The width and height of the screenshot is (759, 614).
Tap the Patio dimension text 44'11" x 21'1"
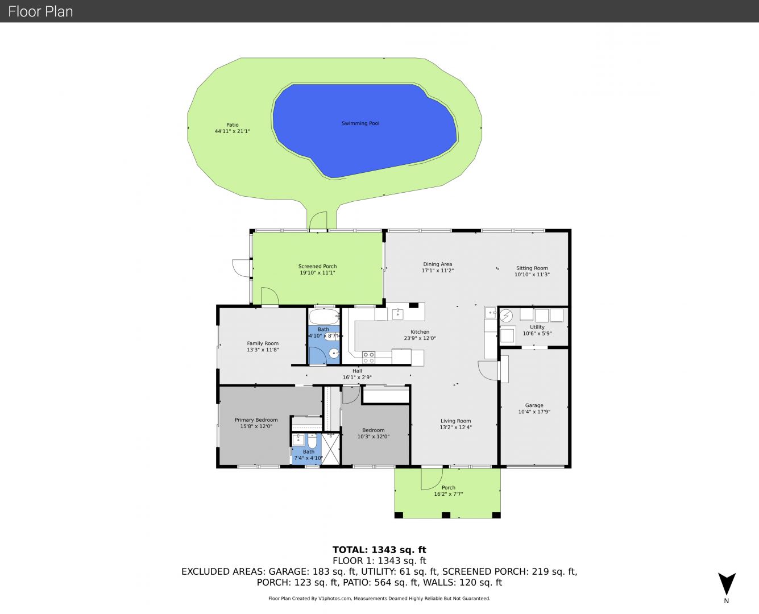[x=233, y=131]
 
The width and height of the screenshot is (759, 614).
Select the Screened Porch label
[x=317, y=266]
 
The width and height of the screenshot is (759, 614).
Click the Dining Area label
[x=438, y=264]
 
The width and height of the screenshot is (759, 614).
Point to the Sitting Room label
[x=532, y=268]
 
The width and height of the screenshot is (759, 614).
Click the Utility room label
[x=537, y=327]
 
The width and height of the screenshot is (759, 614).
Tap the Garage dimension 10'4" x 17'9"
[x=534, y=412]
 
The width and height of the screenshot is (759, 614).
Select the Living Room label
[x=455, y=421]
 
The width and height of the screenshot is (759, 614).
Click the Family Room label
[x=263, y=343]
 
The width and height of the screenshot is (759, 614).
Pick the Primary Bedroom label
[x=256, y=420]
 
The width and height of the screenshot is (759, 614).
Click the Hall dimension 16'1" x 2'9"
[x=357, y=377]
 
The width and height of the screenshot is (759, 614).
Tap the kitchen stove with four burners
[x=368, y=357]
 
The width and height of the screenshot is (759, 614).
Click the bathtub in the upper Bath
[x=323, y=316]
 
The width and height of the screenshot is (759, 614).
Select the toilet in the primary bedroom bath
[x=312, y=441]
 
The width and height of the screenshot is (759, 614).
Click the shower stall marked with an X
[x=331, y=449]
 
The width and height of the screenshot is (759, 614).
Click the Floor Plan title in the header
[x=40, y=11]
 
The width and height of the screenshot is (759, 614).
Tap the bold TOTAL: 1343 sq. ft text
[x=379, y=550]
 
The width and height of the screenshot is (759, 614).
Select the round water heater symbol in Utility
[x=506, y=316]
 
